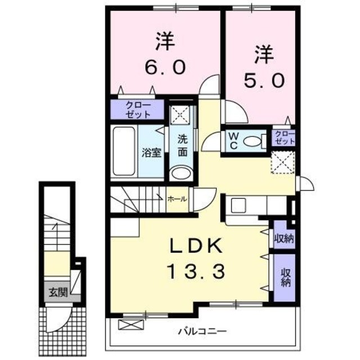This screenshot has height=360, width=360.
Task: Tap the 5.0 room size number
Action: [x=264, y=80]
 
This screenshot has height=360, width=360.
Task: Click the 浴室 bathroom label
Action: [x=151, y=152]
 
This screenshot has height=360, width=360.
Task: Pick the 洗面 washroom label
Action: [x=183, y=145]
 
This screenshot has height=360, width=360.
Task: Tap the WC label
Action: [x=233, y=140]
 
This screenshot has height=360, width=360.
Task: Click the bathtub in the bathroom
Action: [x=124, y=151]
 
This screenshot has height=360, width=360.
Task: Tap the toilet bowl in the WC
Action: [x=256, y=141]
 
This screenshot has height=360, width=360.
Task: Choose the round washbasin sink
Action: [x=181, y=173]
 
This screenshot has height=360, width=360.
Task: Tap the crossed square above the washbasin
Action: [x=181, y=115]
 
